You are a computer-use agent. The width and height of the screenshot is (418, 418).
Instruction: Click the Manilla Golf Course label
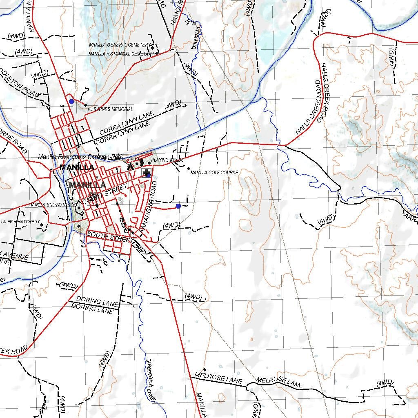(214, 173)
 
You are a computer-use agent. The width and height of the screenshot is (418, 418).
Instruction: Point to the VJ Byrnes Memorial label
(110, 109)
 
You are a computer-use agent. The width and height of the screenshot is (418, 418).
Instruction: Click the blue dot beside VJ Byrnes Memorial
(71, 101)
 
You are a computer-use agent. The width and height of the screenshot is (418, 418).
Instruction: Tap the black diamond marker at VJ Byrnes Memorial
(86, 105)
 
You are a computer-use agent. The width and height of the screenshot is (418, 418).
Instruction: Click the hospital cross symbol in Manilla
(146, 173)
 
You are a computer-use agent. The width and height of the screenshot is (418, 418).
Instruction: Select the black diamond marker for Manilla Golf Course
(188, 168)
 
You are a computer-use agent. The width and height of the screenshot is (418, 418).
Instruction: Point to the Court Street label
(102, 196)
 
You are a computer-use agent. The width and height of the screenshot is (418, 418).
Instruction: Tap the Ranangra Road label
(148, 208)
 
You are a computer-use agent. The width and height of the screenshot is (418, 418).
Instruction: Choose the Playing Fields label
(167, 160)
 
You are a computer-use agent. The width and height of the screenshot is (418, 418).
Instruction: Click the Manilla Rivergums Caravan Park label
(80, 157)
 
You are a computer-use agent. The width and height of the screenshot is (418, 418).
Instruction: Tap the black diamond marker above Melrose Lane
(204, 369)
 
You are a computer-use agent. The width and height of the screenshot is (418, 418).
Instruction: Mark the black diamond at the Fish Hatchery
(42, 225)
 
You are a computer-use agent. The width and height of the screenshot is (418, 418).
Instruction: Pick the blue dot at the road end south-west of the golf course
(178, 206)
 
